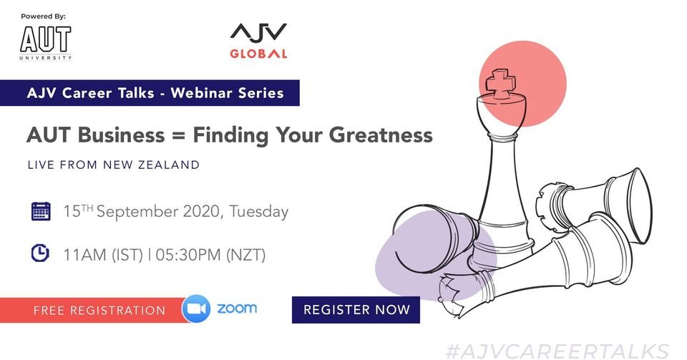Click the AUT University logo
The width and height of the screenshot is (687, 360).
(45, 43)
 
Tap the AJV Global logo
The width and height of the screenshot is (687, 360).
(258, 42)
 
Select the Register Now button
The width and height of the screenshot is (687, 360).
(356, 310)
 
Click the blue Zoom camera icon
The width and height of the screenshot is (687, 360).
(196, 308)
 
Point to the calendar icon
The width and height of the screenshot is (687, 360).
(41, 211)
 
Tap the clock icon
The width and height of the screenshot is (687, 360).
(40, 253)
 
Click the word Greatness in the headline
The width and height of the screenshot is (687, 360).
(381, 135)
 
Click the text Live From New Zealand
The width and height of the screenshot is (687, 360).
(114, 165)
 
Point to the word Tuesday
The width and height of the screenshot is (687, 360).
(258, 212)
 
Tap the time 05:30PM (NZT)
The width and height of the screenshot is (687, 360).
(210, 255)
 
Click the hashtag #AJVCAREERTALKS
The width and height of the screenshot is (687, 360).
(557, 351)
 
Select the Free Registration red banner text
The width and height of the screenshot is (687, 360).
(99, 311)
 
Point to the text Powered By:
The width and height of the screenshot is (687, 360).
(44, 16)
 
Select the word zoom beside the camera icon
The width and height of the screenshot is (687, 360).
(237, 308)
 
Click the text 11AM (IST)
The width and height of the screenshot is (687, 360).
(103, 255)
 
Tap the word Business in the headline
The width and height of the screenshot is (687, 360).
(121, 135)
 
